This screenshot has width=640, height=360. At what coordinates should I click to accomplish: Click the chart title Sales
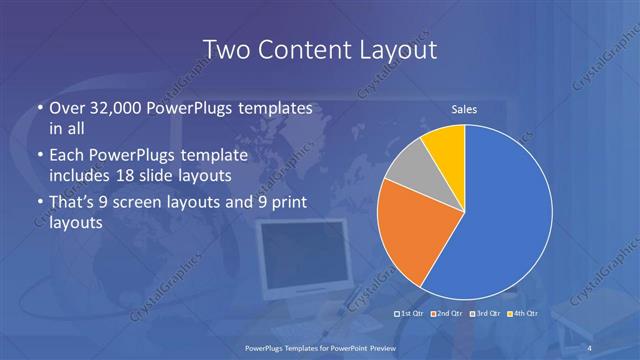464,110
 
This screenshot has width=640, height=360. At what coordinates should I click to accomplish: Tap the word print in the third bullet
290,203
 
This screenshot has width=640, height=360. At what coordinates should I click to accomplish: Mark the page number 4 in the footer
590,347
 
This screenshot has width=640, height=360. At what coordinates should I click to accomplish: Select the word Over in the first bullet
67,109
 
